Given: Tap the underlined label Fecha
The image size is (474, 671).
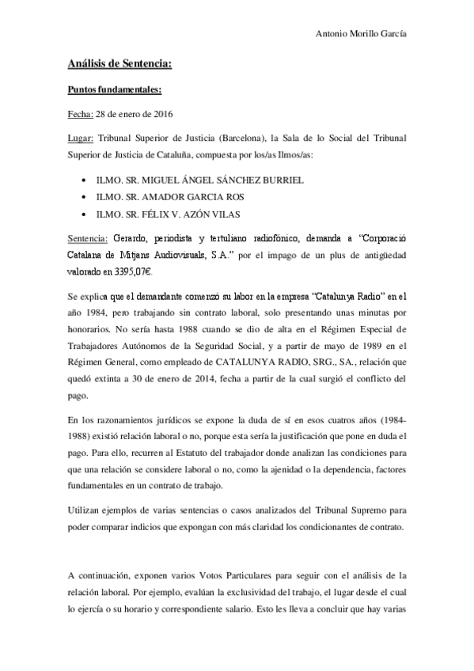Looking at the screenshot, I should tap(80, 115).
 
